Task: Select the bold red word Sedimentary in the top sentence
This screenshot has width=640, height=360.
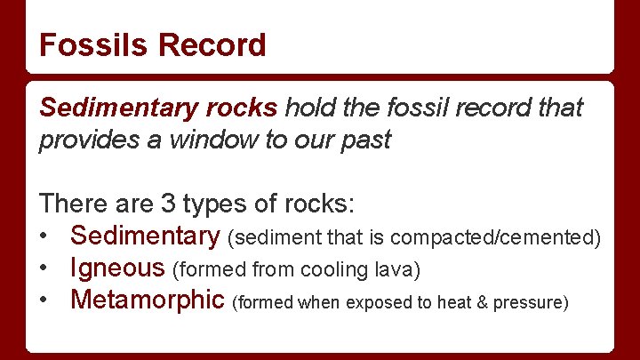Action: [113, 108]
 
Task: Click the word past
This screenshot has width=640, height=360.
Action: [367, 140]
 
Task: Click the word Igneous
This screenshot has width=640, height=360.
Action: [117, 268]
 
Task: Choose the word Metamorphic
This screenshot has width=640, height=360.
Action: [148, 300]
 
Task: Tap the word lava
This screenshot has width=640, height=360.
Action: [396, 269]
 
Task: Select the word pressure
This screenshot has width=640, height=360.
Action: [532, 303]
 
